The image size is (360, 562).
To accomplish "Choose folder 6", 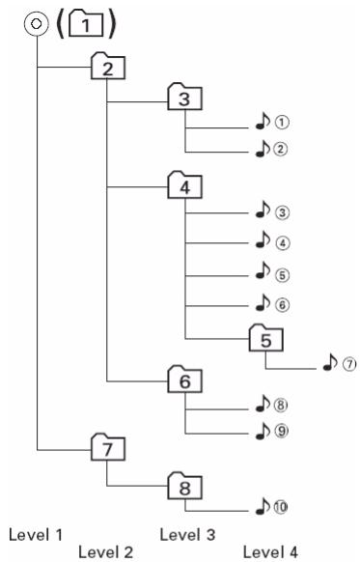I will click(186, 380).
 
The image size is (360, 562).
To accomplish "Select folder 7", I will click(108, 448).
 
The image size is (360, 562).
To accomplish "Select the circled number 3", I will click(282, 211).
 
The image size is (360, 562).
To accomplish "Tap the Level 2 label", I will click(106, 551).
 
